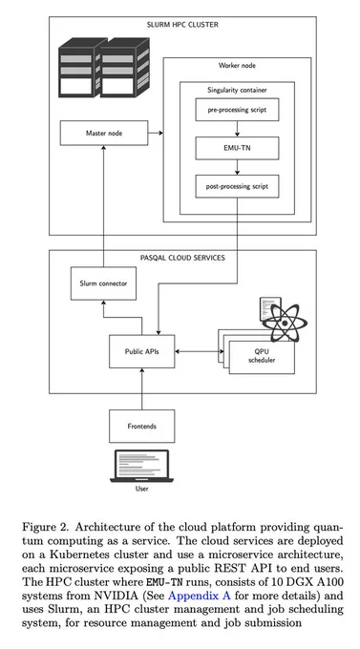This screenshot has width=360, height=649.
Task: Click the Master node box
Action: click(104, 133)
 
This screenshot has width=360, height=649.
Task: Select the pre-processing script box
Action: click(237, 110)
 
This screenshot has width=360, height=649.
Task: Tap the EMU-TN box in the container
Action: click(237, 148)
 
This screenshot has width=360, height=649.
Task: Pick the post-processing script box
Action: click(237, 186)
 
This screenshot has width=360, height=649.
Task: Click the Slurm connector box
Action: click(103, 283)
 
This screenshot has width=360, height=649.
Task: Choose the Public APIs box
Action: click(141, 351)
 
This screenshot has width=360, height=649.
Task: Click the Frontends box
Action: click(141, 426)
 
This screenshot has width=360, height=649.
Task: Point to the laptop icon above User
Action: click(141, 466)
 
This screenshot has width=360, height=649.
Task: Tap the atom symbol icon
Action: click(285, 323)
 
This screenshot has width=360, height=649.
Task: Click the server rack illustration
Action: click(104, 68)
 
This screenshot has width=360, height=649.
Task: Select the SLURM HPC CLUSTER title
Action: click(182, 25)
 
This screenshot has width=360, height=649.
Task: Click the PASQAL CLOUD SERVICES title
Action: click(182, 258)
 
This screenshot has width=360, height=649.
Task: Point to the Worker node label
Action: click(237, 66)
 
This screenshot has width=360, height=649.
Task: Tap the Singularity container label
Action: click(237, 90)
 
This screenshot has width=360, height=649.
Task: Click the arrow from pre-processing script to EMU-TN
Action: click(237, 129)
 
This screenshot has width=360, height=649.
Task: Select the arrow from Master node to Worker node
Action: click(156, 133)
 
